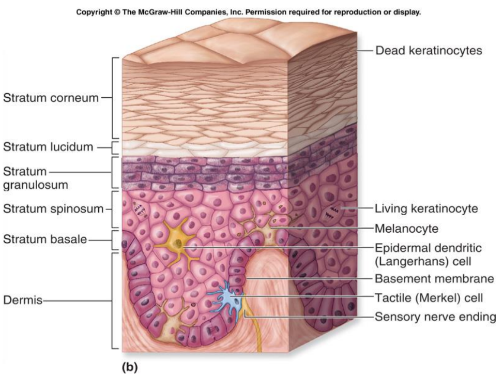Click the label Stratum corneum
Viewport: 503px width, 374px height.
coord(51,98)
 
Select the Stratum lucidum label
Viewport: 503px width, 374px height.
coord(49,147)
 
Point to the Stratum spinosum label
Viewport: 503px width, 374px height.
coord(53,209)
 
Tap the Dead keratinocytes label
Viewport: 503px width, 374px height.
coord(428,51)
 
